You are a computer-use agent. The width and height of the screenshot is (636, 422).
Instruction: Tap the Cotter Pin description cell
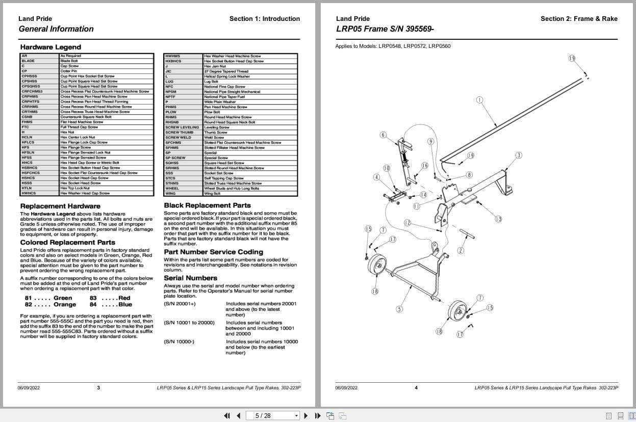(69, 71)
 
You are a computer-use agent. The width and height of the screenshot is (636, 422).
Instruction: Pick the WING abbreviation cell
(170, 194)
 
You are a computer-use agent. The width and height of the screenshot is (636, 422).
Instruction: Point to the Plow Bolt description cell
(212, 112)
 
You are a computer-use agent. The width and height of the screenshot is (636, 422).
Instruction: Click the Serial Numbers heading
(190, 278)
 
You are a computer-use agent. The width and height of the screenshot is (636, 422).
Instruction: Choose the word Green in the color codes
(63, 298)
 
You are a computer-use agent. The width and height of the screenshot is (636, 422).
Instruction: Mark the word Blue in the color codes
(125, 304)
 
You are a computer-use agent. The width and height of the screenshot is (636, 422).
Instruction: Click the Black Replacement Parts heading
(207, 205)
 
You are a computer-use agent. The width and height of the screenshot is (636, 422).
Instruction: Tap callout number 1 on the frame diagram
(479, 100)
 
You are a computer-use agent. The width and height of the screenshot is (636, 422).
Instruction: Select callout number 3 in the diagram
(519, 155)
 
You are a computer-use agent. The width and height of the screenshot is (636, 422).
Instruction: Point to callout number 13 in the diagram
(498, 219)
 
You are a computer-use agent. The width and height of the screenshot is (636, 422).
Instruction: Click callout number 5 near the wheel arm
(399, 309)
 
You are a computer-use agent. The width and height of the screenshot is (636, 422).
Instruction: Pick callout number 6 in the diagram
(383, 135)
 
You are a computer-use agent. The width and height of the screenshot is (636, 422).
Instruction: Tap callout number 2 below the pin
(461, 250)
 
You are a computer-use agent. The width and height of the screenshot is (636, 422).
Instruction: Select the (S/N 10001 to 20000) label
(189, 323)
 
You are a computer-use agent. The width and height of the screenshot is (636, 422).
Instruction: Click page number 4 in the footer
(416, 387)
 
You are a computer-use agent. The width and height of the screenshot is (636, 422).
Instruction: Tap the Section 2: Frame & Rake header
(579, 19)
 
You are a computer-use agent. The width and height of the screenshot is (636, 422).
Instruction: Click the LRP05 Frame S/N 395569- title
(385, 29)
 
